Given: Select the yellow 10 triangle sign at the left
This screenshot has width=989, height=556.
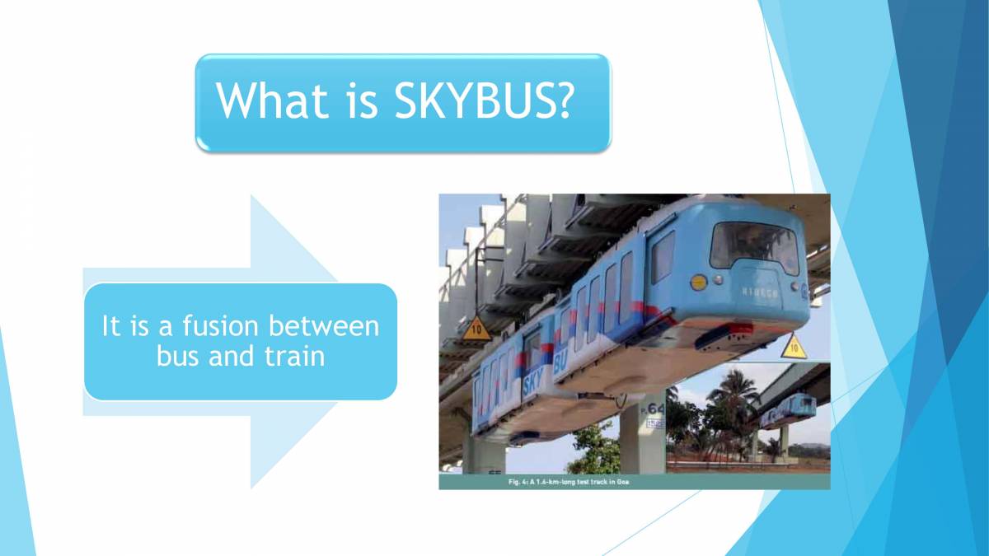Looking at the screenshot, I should click(475, 330).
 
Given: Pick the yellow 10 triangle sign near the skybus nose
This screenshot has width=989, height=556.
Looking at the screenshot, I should click(792, 347).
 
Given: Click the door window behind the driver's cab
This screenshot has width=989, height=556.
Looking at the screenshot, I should click(663, 256).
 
